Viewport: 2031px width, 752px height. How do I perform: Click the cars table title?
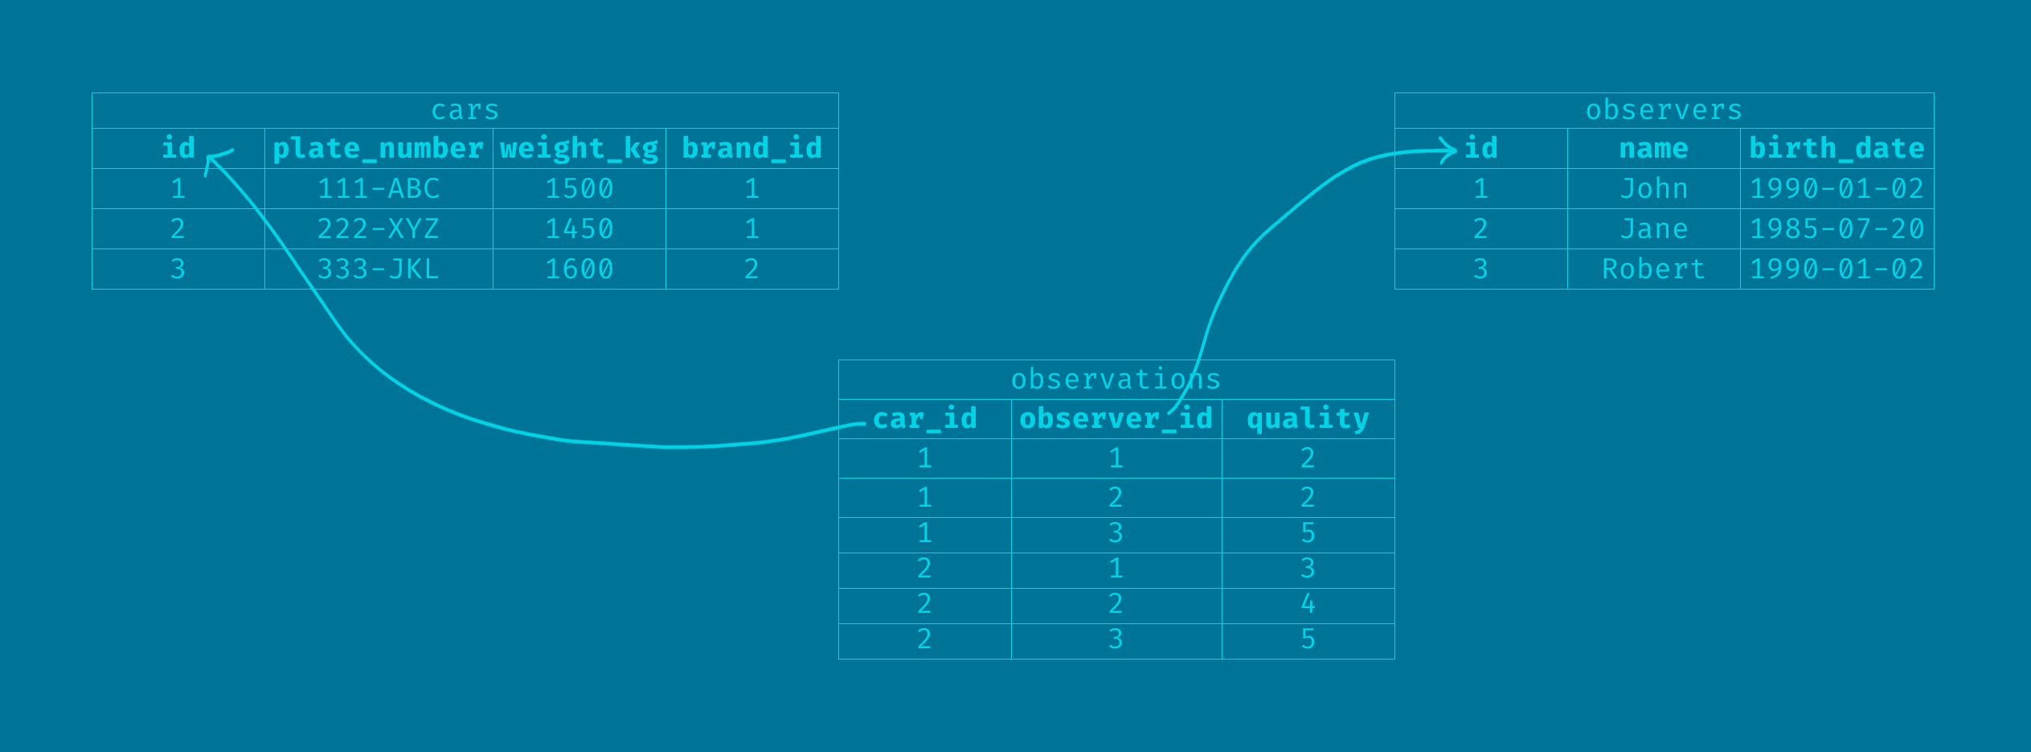(x=465, y=110)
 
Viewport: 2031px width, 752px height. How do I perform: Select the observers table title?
(x=1664, y=110)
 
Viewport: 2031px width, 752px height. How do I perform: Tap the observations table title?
(x=1116, y=379)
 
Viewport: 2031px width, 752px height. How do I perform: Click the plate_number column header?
(x=378, y=149)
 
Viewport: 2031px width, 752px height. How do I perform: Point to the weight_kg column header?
(x=579, y=149)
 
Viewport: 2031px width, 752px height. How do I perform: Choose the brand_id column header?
(x=751, y=149)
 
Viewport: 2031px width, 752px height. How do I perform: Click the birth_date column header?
(x=1836, y=149)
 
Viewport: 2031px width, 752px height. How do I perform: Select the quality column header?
(x=1308, y=419)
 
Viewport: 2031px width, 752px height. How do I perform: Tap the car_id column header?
(x=924, y=419)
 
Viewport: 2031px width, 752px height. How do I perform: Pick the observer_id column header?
(x=1116, y=419)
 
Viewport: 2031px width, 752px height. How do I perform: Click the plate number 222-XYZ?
(x=378, y=229)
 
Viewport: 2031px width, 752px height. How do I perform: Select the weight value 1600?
(x=579, y=269)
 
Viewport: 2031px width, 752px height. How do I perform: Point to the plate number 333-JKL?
(x=378, y=269)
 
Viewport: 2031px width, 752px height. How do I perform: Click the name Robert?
(x=1653, y=269)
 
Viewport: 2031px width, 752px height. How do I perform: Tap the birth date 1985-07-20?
(x=1836, y=229)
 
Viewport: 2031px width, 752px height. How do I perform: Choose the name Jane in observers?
(x=1653, y=229)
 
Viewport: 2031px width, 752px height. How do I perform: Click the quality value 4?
(x=1308, y=604)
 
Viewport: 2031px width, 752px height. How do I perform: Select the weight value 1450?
(x=579, y=229)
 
